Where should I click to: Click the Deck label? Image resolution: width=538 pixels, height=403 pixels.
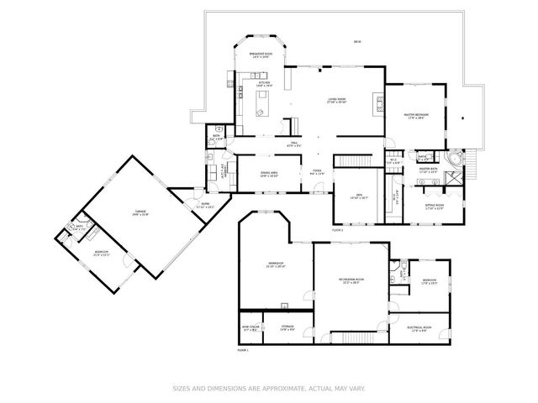357,42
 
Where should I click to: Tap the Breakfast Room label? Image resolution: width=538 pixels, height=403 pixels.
259,55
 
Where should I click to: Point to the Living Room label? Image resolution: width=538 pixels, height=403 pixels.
337,100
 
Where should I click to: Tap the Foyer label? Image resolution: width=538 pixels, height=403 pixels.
318,170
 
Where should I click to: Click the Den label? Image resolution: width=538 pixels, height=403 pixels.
359,196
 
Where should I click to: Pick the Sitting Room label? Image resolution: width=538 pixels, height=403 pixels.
434,206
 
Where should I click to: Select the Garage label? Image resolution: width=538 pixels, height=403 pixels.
140,213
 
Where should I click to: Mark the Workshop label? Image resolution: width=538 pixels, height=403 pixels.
276,264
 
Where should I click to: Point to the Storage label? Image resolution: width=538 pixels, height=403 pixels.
287,327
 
